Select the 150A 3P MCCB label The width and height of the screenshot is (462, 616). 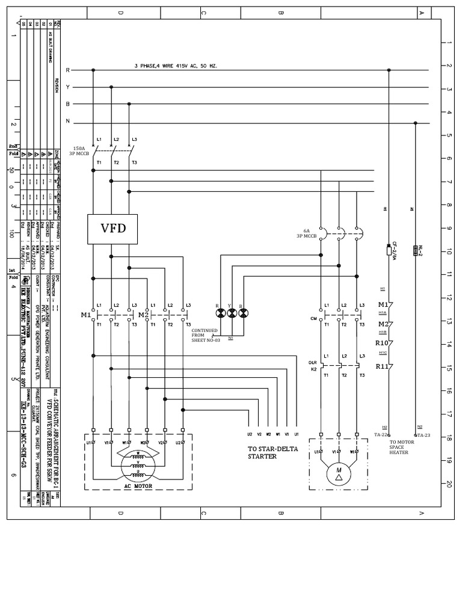coord(79,150)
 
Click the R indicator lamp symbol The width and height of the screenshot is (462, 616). coord(221,313)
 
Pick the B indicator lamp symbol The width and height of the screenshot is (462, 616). coord(243,313)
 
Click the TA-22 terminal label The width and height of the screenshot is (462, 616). coord(381,434)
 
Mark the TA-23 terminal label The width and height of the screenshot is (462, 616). coord(423,434)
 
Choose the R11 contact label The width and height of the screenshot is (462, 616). coord(384,366)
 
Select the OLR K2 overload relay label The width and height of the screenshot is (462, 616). coord(313,366)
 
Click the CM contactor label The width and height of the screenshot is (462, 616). coord(313,318)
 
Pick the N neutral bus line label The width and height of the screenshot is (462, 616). coord(68,122)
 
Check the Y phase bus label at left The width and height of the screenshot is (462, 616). coord(68,87)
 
